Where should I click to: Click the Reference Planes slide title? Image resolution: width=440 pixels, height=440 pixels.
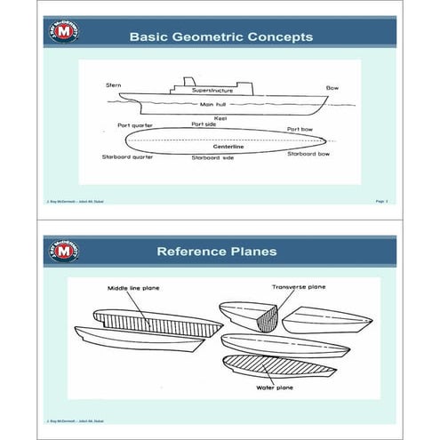[220, 252]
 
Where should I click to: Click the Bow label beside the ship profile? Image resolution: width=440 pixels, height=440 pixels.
[332, 88]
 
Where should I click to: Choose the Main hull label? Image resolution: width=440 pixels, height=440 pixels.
[215, 105]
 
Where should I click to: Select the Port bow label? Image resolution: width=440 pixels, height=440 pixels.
[300, 129]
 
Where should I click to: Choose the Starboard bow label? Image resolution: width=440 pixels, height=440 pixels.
[310, 153]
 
